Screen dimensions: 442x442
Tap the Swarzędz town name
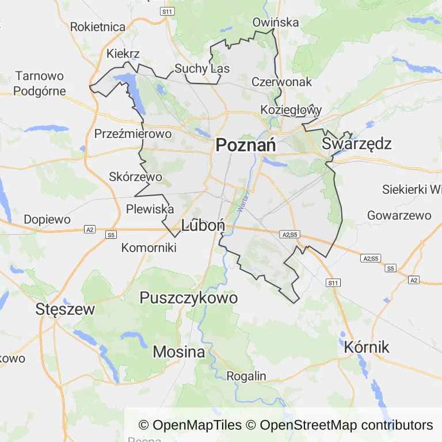click(357, 143)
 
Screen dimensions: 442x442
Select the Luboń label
click(203, 226)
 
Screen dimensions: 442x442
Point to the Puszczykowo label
click(189, 298)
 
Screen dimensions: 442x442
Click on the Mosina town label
click(179, 352)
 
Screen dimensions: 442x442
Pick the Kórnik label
click(367, 347)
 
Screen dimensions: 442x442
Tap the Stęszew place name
click(65, 308)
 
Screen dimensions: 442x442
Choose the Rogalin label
click(246, 376)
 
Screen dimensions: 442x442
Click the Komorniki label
click(148, 247)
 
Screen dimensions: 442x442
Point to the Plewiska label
click(150, 209)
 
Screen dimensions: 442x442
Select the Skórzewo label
click(135, 177)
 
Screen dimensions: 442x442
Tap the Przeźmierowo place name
click(133, 134)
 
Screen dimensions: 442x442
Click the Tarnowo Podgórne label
click(40, 83)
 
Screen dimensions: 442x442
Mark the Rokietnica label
click(98, 26)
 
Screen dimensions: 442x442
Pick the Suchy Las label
click(202, 68)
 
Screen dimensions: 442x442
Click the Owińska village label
click(276, 22)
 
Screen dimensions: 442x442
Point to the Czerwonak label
click(281, 82)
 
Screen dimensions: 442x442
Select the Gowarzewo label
click(399, 215)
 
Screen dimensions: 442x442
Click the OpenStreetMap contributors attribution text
click(346, 425)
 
